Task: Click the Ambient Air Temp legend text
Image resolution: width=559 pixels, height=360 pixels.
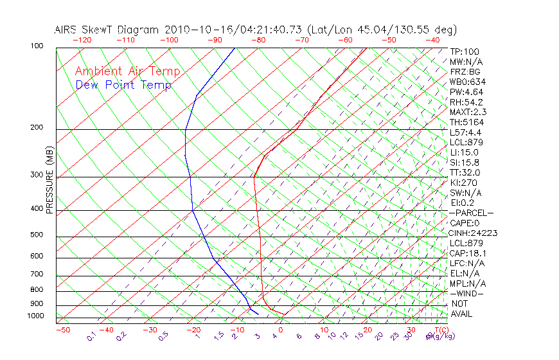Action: click(127, 71)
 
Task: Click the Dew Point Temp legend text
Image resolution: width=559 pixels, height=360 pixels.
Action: click(123, 85)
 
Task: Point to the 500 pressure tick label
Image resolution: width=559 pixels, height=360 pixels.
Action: click(37, 235)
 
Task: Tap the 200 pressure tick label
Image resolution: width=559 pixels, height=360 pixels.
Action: click(37, 128)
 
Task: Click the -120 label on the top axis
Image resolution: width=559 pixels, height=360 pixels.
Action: click(82, 40)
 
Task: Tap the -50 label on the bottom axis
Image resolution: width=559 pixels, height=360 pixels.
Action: click(62, 330)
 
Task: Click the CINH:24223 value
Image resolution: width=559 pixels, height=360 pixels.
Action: click(474, 233)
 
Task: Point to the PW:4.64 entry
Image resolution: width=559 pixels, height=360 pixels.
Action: click(467, 92)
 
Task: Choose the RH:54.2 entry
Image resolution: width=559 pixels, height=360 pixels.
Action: click(467, 102)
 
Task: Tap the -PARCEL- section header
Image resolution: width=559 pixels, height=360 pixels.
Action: click(471, 213)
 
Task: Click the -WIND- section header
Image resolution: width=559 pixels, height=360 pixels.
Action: click(467, 293)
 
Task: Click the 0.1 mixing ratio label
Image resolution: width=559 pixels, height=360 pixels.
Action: click(91, 336)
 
